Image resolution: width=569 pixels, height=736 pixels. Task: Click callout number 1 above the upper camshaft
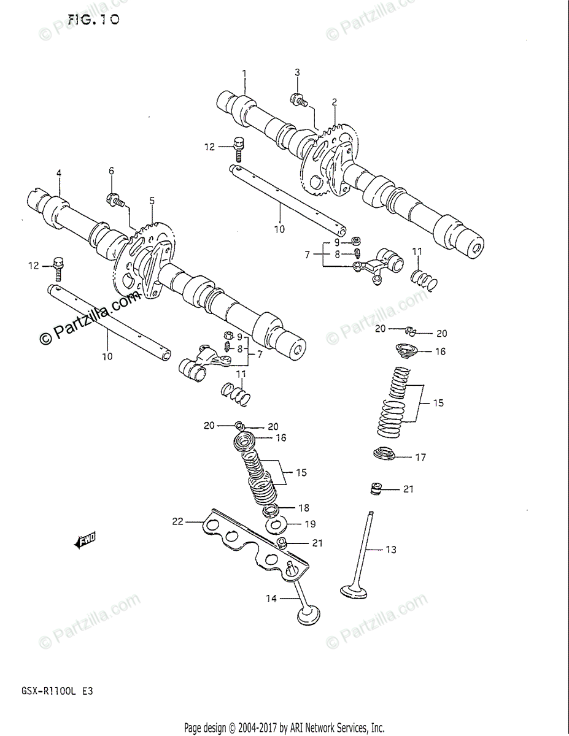[244, 74]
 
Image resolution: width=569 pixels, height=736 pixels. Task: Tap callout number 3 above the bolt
[297, 72]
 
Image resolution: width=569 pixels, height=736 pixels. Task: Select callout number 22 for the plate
[177, 521]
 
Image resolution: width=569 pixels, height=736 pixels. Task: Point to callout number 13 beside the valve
[391, 550]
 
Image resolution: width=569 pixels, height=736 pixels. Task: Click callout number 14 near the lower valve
[271, 599]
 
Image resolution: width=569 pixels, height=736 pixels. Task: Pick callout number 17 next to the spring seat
[420, 457]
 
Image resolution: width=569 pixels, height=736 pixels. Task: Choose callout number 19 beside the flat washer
[311, 524]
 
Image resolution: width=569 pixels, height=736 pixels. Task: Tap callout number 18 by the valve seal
[304, 508]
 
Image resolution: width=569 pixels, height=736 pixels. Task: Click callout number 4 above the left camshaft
[59, 174]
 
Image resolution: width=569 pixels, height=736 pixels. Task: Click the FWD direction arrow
[85, 540]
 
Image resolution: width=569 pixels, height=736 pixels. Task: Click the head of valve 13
[354, 591]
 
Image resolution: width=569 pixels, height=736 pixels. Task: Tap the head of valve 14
[308, 616]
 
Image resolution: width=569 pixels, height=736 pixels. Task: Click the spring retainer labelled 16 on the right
[406, 351]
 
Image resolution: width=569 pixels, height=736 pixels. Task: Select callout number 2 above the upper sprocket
[335, 102]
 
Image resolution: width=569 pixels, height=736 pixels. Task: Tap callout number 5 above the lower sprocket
[152, 201]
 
